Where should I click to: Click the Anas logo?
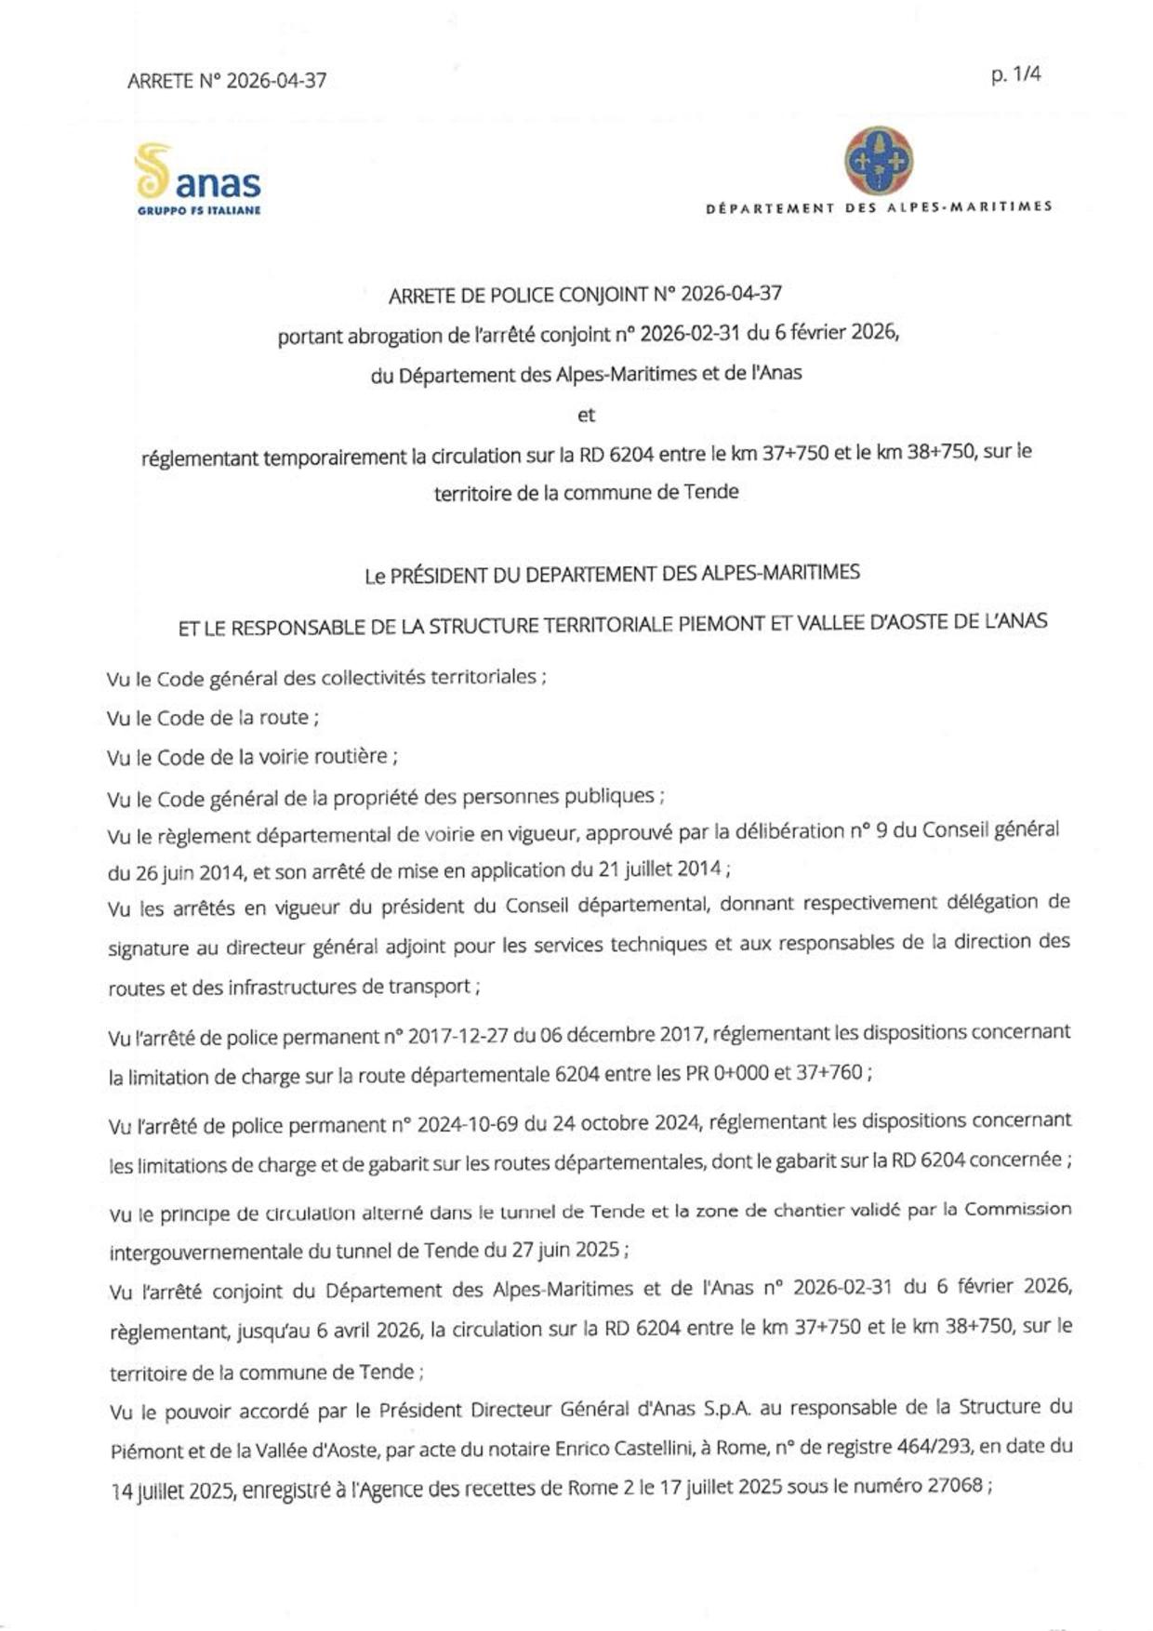point(197,179)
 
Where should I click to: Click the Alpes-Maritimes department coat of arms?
point(878,161)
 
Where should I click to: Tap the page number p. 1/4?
point(1015,74)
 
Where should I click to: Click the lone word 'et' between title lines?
point(586,415)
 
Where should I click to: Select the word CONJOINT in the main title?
point(601,295)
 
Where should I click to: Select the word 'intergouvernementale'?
point(205,1252)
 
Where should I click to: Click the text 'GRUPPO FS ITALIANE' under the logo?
point(199,210)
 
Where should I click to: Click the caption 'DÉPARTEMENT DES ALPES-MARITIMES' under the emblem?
point(879,207)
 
